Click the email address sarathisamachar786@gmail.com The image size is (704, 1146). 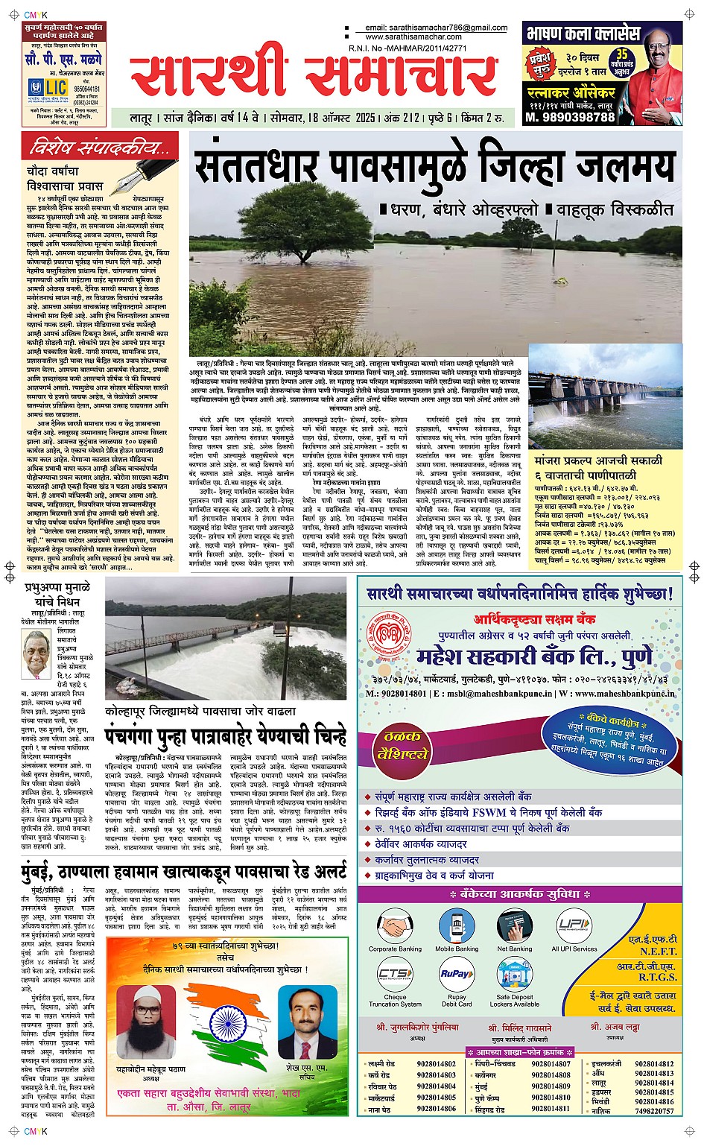click(x=436, y=28)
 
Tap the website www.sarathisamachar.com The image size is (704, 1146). click(x=413, y=37)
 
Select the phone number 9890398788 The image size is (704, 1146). click(x=570, y=117)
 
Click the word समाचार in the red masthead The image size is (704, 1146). click(x=400, y=77)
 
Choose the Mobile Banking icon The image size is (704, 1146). click(x=456, y=925)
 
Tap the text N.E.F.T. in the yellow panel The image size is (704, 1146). click(x=658, y=952)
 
